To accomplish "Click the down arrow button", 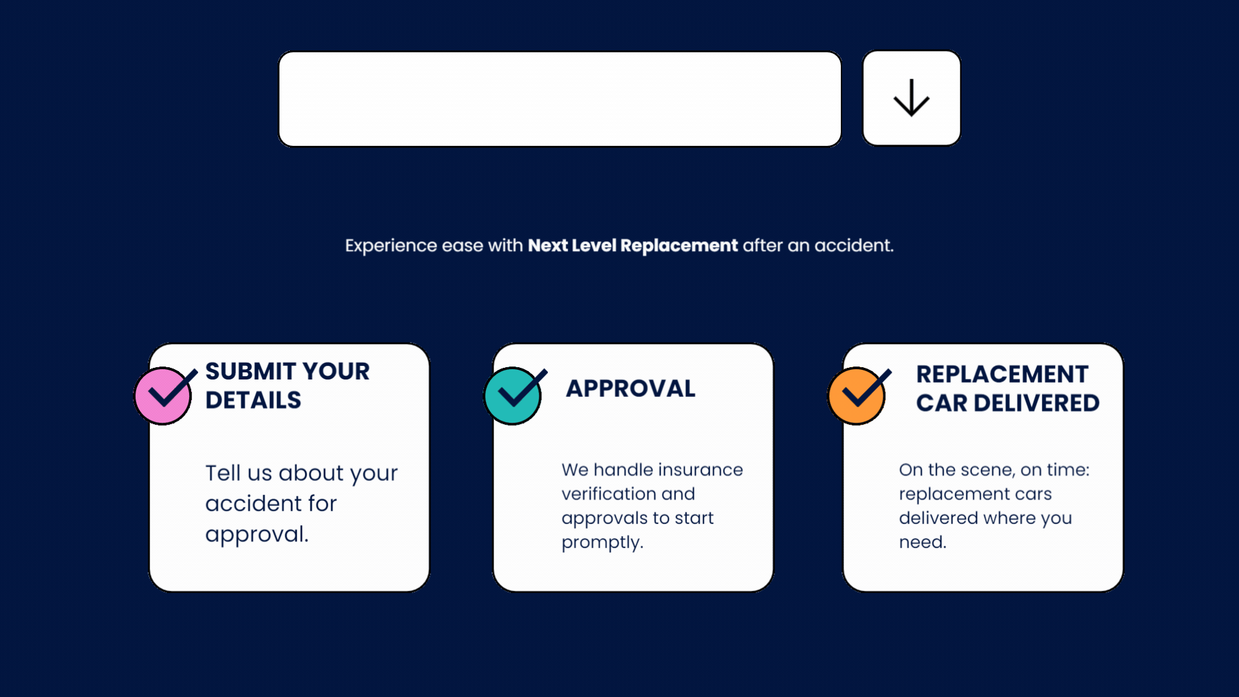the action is [911, 98].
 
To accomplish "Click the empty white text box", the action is [560, 99].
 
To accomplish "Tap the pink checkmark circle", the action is [163, 396].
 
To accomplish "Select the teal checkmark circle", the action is [513, 396].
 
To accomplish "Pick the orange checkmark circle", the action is [857, 396].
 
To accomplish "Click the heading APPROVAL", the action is [630, 389].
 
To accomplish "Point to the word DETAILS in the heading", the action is [253, 400].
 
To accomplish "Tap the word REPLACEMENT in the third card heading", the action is [1002, 374].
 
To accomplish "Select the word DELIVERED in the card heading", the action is [1036, 403].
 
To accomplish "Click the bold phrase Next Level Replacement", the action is [632, 245].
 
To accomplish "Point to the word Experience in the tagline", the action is [391, 246].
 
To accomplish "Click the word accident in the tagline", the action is [854, 245].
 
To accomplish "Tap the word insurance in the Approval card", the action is [701, 469].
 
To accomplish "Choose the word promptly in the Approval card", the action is [602, 543].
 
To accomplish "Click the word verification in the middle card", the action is [609, 494].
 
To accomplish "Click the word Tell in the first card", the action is [223, 472].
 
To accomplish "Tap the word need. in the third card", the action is [923, 542].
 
